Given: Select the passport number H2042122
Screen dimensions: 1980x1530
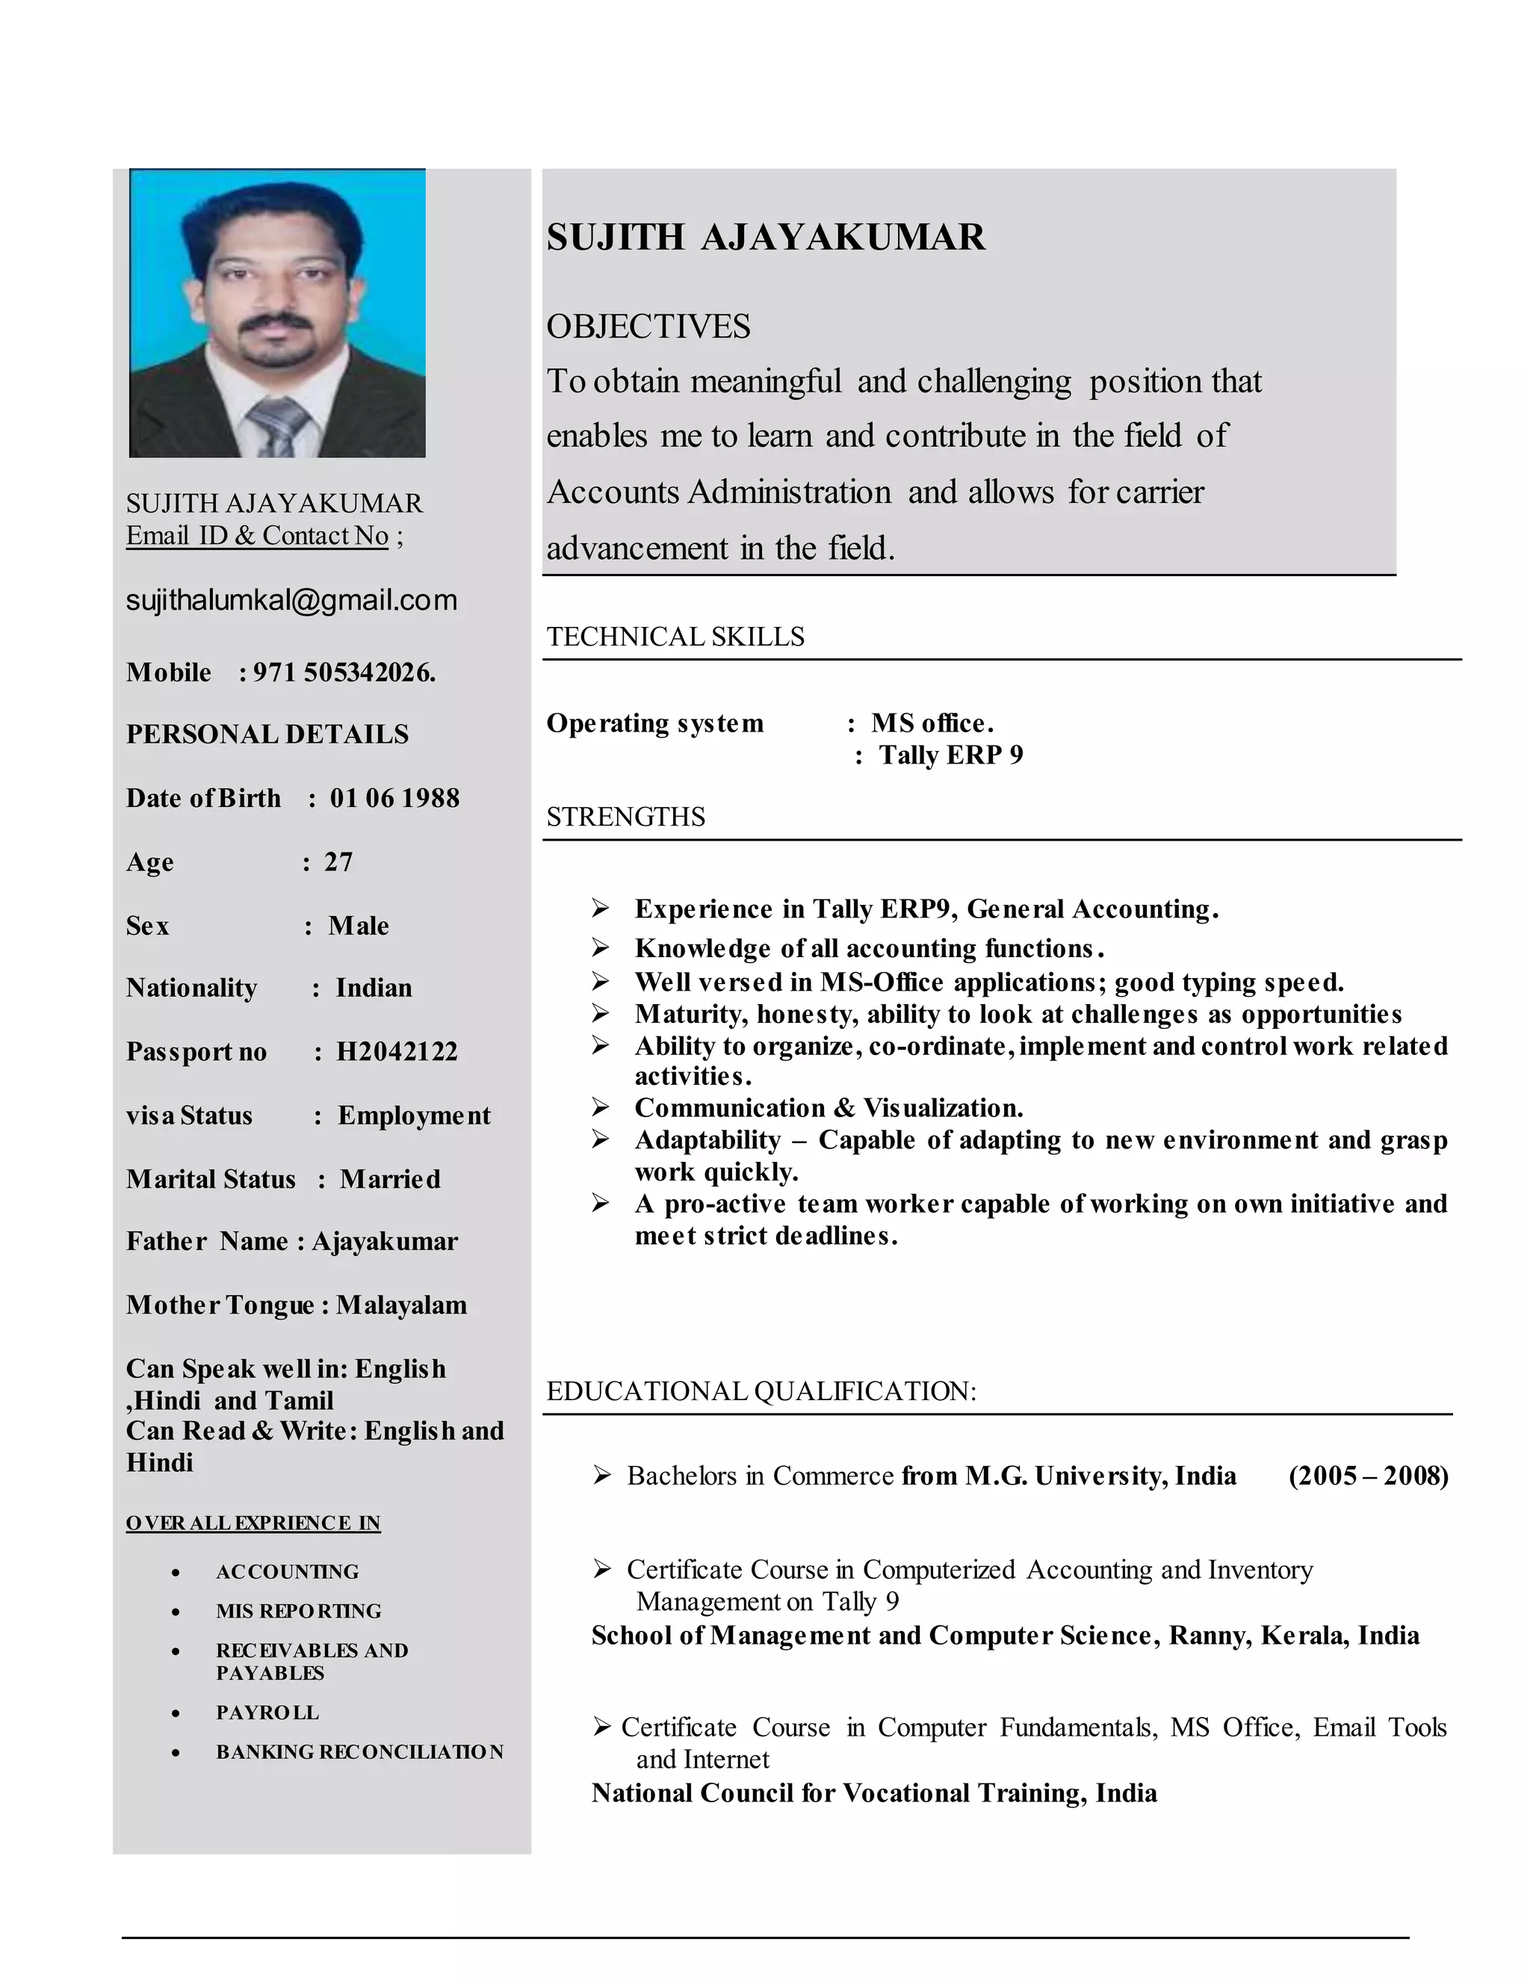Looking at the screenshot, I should point(397,1052).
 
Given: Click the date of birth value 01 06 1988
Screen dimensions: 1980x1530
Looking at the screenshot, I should point(394,798).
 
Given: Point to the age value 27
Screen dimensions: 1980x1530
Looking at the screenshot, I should point(338,861).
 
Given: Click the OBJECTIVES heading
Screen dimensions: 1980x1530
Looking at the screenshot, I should point(648,327).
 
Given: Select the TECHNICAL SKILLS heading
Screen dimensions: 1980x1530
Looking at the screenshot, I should point(675,637).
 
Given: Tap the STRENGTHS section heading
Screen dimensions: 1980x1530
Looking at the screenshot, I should point(625,817).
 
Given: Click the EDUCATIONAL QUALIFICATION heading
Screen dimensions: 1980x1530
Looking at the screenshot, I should point(761,1390).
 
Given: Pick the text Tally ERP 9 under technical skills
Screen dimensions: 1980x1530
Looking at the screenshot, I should point(951,755).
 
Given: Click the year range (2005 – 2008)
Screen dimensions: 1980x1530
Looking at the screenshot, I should point(1368,1476).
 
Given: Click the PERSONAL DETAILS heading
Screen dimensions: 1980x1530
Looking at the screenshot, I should point(267,734).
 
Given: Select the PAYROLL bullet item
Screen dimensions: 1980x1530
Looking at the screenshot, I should point(267,1713).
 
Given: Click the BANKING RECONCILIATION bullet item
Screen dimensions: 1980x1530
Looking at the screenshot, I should point(359,1751).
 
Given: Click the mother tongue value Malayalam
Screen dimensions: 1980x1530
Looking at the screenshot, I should point(401,1305).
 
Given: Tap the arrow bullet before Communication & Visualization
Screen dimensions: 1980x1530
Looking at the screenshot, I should point(600,1107).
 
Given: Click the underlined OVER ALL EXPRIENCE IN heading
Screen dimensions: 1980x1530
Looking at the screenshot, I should point(253,1523).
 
